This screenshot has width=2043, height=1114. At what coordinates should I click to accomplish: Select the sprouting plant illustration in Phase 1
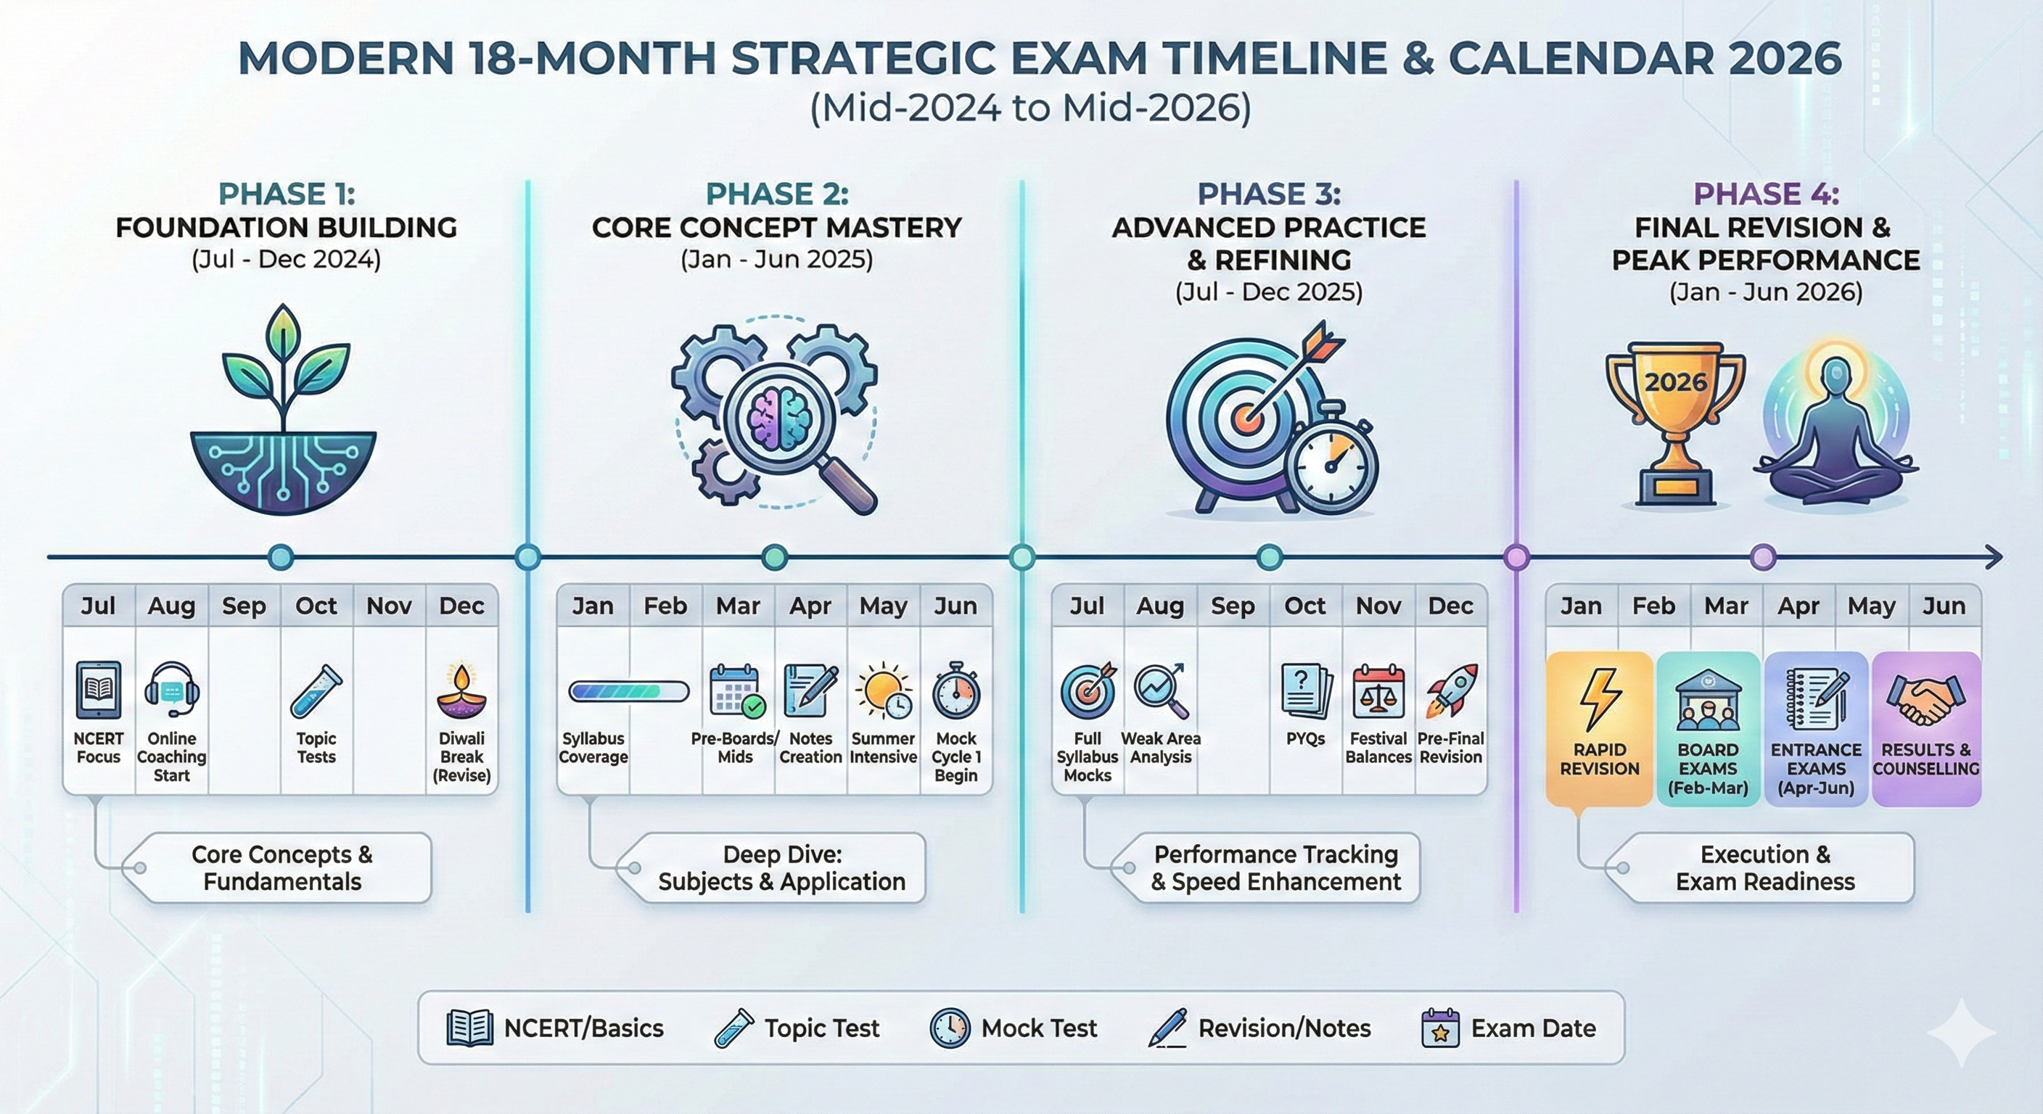283,409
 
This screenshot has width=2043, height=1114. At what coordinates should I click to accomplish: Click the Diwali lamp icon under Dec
461,692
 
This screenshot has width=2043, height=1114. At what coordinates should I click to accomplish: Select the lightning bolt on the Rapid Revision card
1600,698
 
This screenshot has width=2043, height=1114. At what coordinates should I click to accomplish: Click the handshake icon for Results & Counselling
1925,698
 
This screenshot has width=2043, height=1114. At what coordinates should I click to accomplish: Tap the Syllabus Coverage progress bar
629,691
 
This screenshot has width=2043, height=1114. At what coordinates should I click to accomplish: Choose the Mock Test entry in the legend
1013,1028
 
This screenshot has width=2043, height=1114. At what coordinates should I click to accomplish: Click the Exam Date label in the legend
1533,1028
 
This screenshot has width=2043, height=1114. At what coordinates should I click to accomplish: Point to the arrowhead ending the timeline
1991,558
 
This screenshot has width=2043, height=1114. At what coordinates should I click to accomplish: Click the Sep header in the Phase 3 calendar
1233,606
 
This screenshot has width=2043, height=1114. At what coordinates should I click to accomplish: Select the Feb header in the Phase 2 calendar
665,606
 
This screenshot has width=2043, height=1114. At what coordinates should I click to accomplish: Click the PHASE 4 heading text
1766,194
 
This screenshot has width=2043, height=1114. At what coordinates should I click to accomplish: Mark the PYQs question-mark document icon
1305,692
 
